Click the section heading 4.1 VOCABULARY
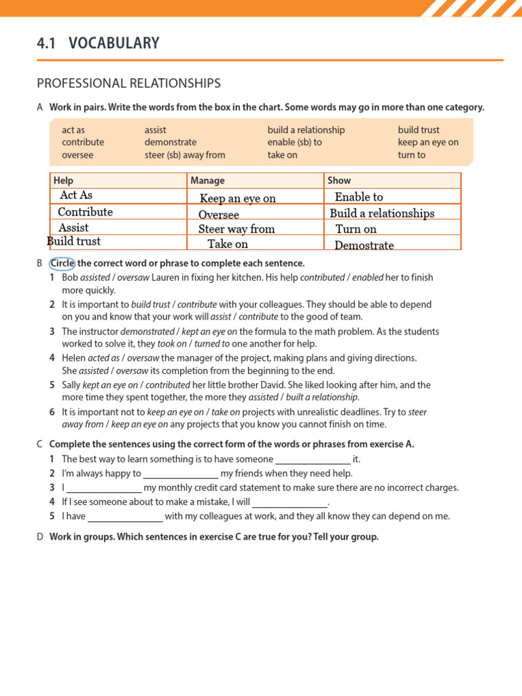click(x=98, y=43)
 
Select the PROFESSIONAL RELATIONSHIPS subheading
click(x=128, y=84)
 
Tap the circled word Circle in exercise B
click(x=62, y=263)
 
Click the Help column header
click(x=63, y=181)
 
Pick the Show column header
click(x=339, y=181)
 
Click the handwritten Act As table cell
click(x=76, y=196)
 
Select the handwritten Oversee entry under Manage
click(x=218, y=215)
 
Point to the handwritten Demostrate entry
click(x=364, y=245)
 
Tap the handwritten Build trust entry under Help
click(x=73, y=241)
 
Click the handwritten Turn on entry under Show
click(x=356, y=229)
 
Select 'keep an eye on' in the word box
click(x=428, y=142)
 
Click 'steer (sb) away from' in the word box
click(x=184, y=155)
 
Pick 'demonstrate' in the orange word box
click(x=170, y=142)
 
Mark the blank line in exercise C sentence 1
click(x=313, y=459)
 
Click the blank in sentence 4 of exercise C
click(x=290, y=502)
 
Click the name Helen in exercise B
click(x=74, y=358)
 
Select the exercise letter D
click(x=40, y=537)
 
